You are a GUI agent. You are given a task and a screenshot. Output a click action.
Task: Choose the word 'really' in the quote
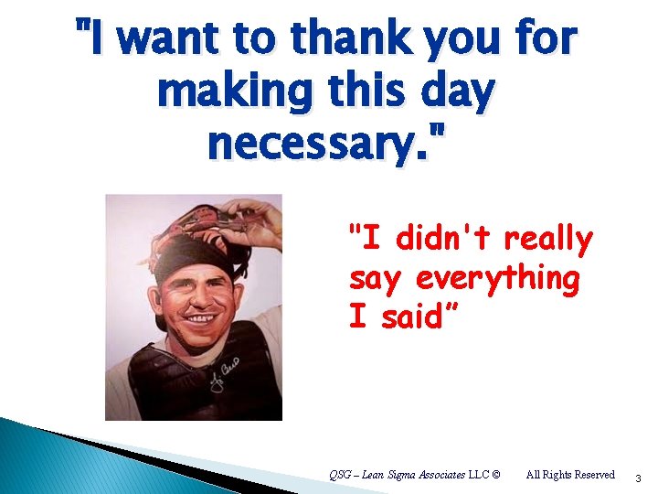(x=548, y=239)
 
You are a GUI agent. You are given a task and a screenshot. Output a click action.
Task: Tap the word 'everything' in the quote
(x=497, y=278)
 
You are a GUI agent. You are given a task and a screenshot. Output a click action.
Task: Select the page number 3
(x=638, y=478)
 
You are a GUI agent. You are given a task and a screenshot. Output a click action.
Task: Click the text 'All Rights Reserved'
(x=570, y=474)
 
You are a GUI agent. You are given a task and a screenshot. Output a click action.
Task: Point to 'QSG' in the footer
(x=340, y=474)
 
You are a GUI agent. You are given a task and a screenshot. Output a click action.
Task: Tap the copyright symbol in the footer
(x=495, y=474)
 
